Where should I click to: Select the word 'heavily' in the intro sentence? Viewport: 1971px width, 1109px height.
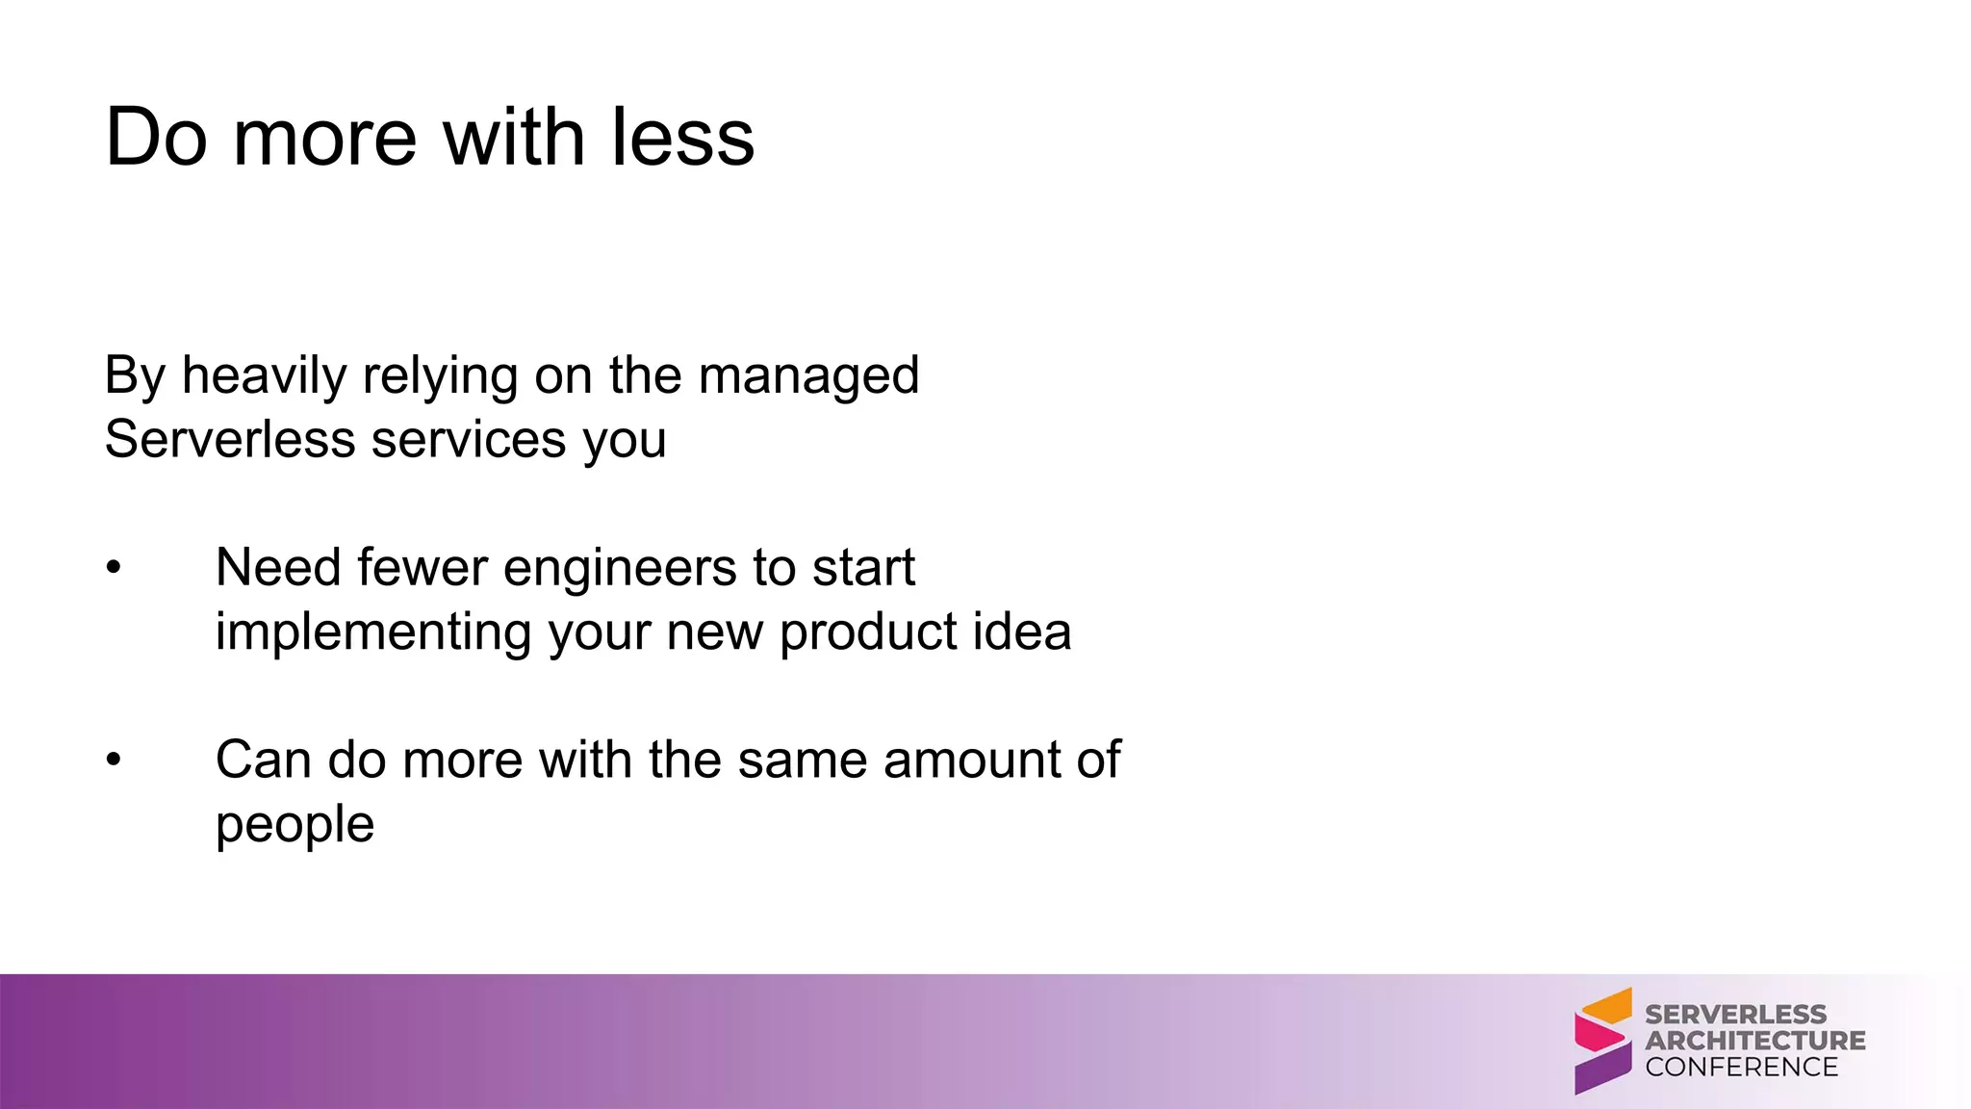point(264,375)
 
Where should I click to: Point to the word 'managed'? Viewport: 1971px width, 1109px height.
point(808,375)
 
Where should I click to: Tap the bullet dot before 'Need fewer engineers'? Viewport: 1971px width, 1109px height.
point(114,568)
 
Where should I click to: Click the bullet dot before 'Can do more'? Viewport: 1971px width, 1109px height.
point(114,761)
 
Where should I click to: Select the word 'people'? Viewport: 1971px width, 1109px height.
point(294,825)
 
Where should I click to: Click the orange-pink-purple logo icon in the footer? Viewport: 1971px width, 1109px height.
point(1602,1041)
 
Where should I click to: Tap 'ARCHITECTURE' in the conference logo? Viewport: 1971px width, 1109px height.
point(1754,1041)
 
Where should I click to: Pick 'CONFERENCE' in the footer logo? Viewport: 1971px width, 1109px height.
point(1741,1067)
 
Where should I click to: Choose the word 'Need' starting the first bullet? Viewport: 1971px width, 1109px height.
point(277,568)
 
